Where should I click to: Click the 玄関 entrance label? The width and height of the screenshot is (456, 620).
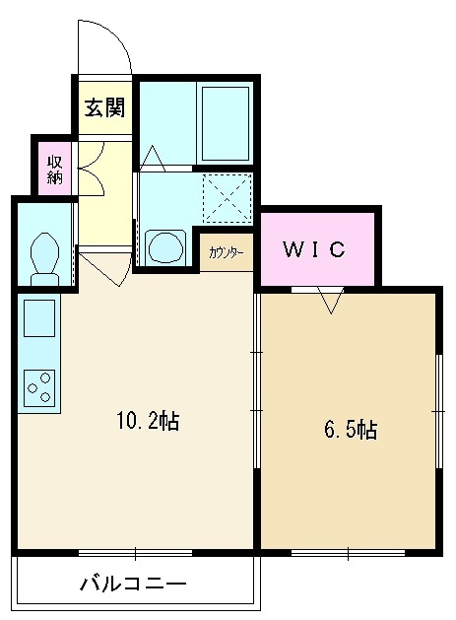tap(104, 107)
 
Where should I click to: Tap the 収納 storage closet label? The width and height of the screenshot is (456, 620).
tap(55, 170)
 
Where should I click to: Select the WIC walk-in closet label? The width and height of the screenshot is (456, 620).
tap(314, 249)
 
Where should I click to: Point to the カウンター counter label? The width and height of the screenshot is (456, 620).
tap(226, 252)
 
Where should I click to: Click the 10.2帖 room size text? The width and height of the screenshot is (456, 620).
tap(148, 421)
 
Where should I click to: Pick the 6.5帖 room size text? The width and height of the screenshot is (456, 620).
tap(351, 430)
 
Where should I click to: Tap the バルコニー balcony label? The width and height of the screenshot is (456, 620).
tap(133, 584)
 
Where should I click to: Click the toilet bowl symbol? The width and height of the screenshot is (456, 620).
tap(45, 258)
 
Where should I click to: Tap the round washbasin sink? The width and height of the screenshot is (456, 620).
tap(166, 246)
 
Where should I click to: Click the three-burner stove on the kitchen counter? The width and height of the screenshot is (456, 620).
tap(39, 388)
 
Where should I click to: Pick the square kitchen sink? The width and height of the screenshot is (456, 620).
tap(39, 318)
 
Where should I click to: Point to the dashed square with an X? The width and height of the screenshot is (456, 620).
tap(228, 198)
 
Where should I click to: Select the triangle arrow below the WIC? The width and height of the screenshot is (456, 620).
tap(331, 301)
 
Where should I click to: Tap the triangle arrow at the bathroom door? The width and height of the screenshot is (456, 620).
tap(153, 158)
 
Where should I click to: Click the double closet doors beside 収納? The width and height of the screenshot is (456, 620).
tap(92, 169)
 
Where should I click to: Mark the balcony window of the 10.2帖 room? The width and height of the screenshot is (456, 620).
tap(135, 553)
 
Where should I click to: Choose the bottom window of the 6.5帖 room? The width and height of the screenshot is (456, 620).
tap(348, 553)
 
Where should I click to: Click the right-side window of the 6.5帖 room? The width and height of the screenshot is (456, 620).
tap(438, 411)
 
